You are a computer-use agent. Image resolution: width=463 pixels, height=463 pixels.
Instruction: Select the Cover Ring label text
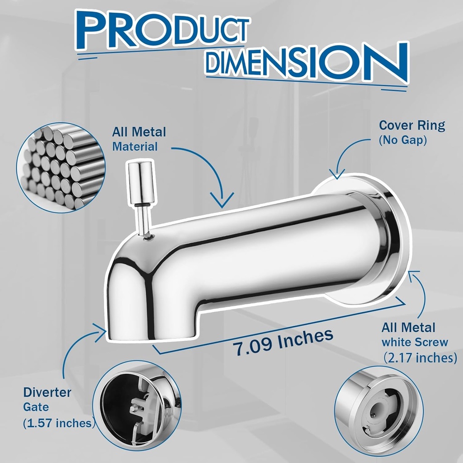pos(412,125)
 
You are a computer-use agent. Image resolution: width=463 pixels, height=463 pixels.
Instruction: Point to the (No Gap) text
pos(403,141)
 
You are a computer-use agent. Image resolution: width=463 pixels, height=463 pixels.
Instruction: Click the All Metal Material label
pos(139,139)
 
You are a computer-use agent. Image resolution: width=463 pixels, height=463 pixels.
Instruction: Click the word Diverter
pos(47,392)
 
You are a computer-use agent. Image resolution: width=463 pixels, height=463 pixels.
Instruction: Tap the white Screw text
pos(415,342)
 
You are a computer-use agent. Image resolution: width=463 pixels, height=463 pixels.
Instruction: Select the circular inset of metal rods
pos(61,166)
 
